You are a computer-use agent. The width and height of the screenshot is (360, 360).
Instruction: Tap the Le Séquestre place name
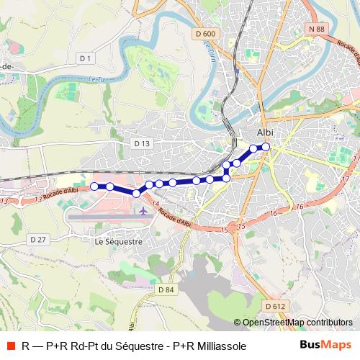pyautogui.click(x=119, y=242)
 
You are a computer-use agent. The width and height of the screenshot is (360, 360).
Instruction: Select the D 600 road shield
pyautogui.click(x=204, y=33)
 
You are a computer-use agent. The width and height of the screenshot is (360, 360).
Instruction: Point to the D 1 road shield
pyautogui.click(x=85, y=58)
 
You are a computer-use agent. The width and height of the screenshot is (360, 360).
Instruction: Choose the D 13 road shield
pyautogui.click(x=142, y=143)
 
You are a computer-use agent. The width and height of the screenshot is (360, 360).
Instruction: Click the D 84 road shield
pyautogui.click(x=165, y=289)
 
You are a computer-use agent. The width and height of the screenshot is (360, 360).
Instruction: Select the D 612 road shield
pyautogui.click(x=274, y=306)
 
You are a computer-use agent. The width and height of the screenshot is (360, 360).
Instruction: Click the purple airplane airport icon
pyautogui.click(x=143, y=211)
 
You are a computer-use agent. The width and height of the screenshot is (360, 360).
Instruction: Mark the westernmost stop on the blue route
pyautogui.click(x=94, y=186)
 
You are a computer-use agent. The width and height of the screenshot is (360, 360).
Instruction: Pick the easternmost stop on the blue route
pyautogui.click(x=266, y=147)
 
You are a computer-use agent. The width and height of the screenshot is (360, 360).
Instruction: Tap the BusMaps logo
pyautogui.click(x=325, y=346)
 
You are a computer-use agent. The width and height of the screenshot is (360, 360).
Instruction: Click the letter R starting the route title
pyautogui.click(x=26, y=346)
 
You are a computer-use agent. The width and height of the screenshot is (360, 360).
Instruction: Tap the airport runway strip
pyautogui.click(x=108, y=215)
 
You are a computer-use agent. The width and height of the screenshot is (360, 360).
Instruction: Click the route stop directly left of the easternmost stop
pyautogui.click(x=253, y=148)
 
